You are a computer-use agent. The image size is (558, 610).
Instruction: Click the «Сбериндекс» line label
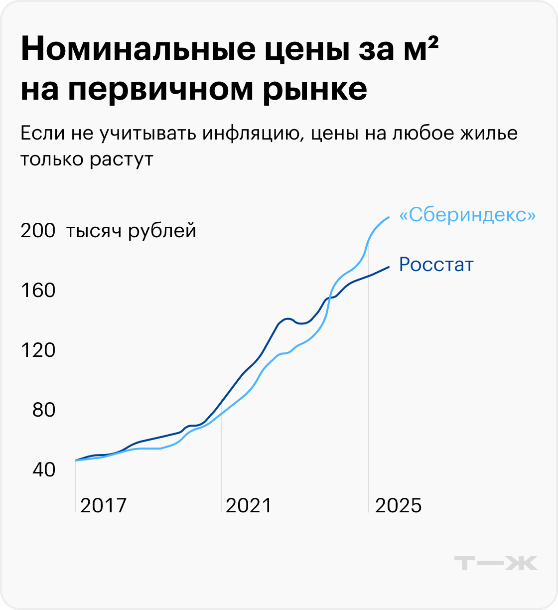(467, 215)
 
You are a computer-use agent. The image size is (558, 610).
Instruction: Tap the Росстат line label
(436, 265)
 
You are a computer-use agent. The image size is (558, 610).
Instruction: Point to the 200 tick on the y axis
(37, 231)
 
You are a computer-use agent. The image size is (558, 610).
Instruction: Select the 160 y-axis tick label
(37, 291)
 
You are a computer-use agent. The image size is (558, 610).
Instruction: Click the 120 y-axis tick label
(37, 350)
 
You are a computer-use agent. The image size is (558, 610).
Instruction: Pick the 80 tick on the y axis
(43, 410)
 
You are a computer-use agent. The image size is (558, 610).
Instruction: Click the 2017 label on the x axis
(103, 506)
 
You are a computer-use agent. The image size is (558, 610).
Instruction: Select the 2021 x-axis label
(249, 506)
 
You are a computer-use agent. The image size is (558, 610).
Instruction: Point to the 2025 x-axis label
(398, 506)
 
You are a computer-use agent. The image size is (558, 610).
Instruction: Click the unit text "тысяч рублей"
(131, 231)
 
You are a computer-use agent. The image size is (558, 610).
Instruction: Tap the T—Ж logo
(496, 563)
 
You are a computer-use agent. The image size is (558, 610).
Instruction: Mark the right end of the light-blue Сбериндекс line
(389, 217)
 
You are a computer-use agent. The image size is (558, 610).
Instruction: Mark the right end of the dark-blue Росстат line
(388, 267)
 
